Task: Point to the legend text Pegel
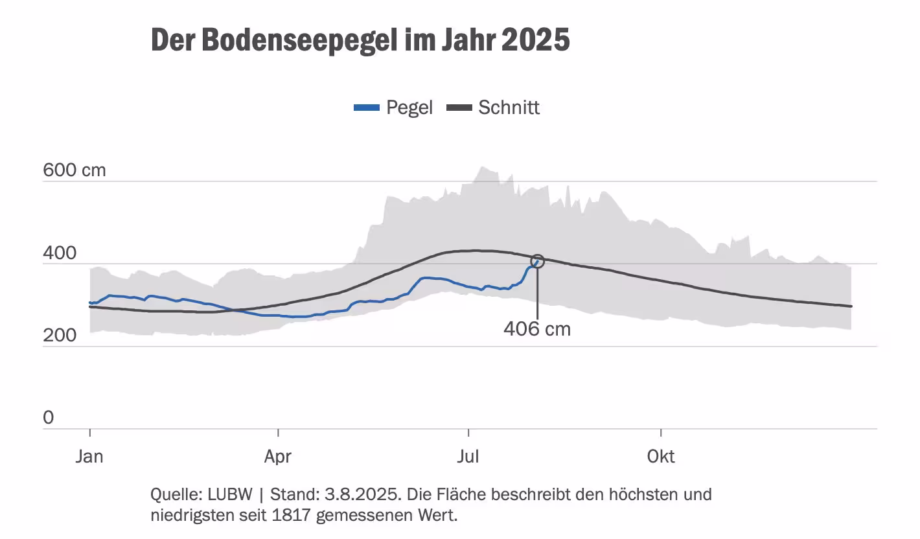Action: (x=409, y=108)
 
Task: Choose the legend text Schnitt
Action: (x=509, y=108)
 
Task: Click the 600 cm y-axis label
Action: (x=74, y=170)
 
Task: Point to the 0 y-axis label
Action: (x=49, y=418)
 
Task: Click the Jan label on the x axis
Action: (x=89, y=457)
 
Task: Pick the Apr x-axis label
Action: (x=277, y=457)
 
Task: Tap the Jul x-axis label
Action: (x=468, y=457)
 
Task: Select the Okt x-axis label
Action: (x=661, y=457)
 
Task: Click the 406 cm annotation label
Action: (x=537, y=329)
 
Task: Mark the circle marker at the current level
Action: (x=537, y=261)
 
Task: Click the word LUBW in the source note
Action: (x=231, y=495)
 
